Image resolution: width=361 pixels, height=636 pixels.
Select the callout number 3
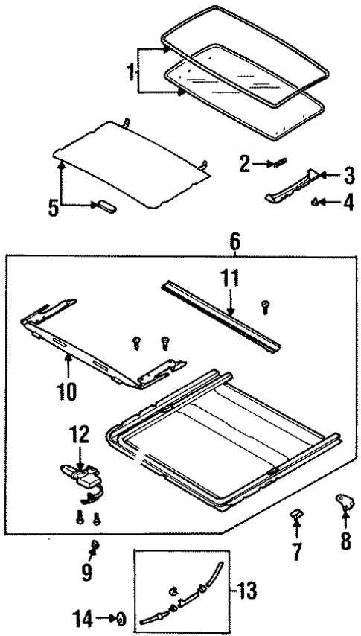(x=349, y=177)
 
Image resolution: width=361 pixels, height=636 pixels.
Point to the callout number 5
(x=54, y=207)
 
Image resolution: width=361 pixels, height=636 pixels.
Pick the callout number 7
(x=295, y=553)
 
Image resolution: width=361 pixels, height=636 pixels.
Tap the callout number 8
(x=345, y=540)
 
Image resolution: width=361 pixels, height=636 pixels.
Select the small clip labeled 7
(x=295, y=516)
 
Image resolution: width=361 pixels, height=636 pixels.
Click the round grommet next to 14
(x=121, y=618)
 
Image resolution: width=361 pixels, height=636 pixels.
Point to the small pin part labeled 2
(x=277, y=162)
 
